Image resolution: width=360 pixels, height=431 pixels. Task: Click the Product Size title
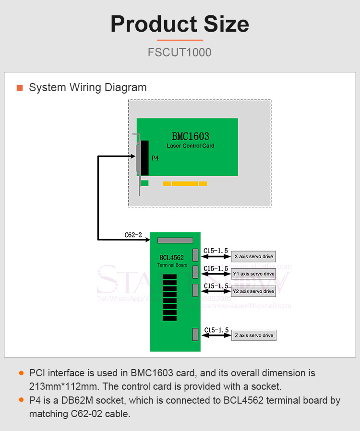180,24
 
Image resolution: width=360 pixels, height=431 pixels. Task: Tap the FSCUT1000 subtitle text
180,52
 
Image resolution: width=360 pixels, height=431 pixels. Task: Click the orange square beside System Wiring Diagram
20,88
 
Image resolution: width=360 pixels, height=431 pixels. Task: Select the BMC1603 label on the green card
191,136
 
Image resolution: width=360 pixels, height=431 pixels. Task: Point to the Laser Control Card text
191,145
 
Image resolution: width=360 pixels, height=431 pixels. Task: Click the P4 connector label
155,158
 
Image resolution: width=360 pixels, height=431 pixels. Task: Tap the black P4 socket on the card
144,158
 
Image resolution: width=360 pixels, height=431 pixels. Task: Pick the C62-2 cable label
133,235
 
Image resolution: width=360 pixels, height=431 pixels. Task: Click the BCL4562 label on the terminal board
172,258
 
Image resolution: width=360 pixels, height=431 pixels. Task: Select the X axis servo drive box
253,257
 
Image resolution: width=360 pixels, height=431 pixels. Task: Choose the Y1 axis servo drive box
253,274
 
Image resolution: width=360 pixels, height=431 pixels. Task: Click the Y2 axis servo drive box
253,291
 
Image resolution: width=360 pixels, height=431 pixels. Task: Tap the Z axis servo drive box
254,335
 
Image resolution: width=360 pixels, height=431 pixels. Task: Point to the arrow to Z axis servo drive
216,335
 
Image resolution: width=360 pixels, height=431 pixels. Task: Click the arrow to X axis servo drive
216,257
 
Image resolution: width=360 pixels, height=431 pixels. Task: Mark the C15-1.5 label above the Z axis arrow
216,330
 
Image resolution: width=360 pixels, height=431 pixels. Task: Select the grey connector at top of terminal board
175,240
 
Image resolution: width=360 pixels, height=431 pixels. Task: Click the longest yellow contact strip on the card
185,183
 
